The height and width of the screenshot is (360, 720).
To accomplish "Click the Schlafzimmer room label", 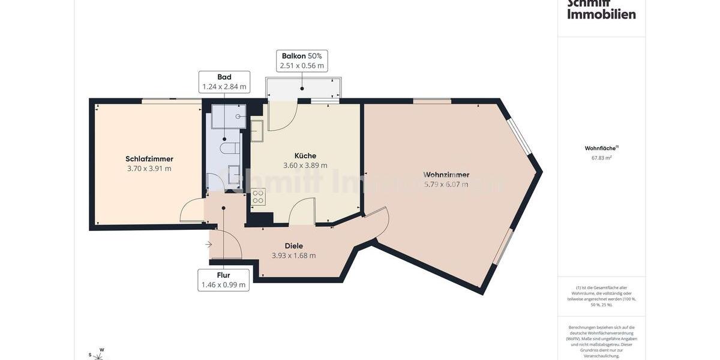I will point(149,159).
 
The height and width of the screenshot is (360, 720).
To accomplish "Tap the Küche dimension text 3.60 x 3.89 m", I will point(305,166).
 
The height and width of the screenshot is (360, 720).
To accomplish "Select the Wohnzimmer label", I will point(446,175).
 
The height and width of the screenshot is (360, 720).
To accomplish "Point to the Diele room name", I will point(294,246).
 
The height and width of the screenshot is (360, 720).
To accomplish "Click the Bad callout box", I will point(224,82).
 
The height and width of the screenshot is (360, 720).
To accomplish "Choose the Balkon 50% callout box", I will point(302,61).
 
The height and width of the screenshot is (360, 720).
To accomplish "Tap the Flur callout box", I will point(223,280).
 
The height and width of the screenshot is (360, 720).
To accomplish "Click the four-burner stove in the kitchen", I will point(258,197).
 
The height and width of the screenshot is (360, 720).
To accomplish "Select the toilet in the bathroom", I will point(230,148).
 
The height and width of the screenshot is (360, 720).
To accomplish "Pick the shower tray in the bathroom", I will point(229,116).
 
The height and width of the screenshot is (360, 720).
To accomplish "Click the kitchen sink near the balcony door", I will point(257,131).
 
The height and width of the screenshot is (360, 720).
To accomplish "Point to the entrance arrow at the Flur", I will point(208,244).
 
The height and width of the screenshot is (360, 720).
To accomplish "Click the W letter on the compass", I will point(102,350).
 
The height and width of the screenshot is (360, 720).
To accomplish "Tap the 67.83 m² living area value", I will point(601,158).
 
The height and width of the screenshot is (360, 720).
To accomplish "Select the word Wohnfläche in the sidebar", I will point(600,148).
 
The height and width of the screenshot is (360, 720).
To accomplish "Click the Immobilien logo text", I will point(601,14).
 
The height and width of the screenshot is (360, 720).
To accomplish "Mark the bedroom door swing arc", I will point(191,211).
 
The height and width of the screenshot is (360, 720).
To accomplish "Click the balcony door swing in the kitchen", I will point(282,117).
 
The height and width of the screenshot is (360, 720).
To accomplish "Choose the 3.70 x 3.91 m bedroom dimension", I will point(149,169).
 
